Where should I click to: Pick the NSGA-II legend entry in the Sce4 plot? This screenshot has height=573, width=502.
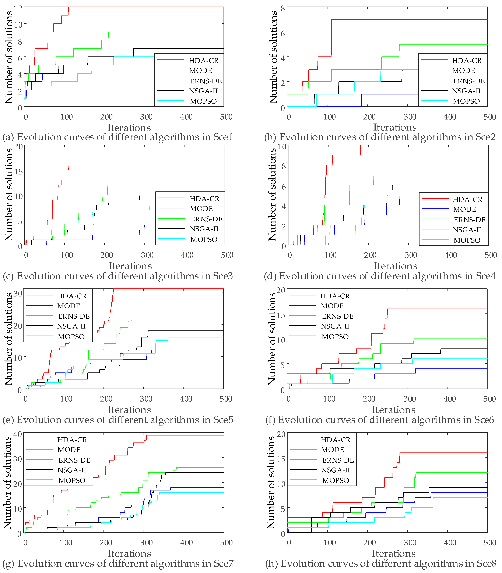tap(467, 230)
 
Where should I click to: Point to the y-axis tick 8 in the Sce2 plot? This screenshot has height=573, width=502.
tap(282, 8)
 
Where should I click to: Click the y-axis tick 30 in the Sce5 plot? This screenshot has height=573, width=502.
tap(18, 294)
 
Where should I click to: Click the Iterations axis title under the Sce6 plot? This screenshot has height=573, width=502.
tap(394, 410)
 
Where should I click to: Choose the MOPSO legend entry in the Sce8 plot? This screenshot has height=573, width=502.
tap(336, 480)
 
